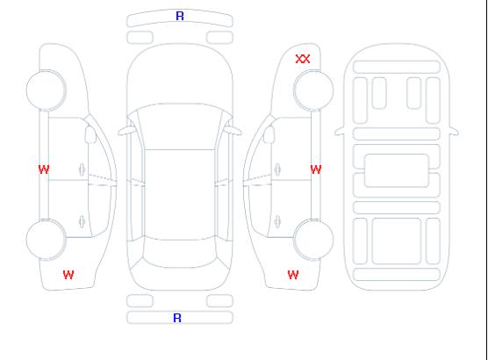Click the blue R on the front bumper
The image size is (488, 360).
[x=180, y=16]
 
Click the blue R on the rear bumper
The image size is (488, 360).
[x=177, y=318]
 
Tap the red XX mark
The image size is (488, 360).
[x=303, y=59]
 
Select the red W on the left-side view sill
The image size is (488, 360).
[x=44, y=169]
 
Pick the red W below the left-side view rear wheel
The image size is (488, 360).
[x=68, y=275]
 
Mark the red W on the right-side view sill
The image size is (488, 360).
[x=316, y=169]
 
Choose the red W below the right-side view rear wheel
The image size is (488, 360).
[x=293, y=275]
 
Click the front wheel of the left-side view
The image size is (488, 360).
[x=46, y=90]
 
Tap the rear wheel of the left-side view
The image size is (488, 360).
[x=46, y=240]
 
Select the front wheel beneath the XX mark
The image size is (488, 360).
[x=313, y=90]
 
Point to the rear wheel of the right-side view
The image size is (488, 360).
[x=313, y=240]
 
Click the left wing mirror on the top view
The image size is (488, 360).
[x=126, y=131]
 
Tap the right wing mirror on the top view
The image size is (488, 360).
[x=233, y=131]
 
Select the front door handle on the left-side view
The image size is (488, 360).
[x=82, y=169]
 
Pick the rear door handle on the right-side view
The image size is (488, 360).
[x=277, y=221]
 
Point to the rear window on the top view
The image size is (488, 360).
[x=180, y=252]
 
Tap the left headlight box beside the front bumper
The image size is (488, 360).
[x=140, y=38]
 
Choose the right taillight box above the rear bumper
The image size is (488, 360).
[x=219, y=301]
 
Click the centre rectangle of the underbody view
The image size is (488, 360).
[x=397, y=170]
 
